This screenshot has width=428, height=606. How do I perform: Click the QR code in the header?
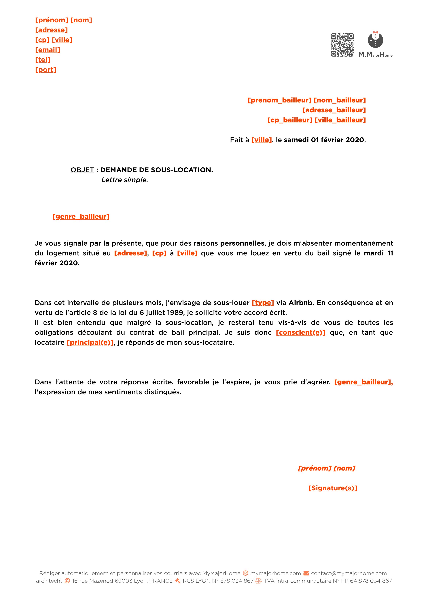(342, 45)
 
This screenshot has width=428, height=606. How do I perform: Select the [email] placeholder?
(48, 50)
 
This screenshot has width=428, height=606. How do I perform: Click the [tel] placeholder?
(43, 60)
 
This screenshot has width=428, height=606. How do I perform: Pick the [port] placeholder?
(46, 70)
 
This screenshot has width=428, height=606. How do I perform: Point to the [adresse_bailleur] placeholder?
(334, 110)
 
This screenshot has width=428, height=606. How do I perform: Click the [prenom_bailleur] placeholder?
(280, 100)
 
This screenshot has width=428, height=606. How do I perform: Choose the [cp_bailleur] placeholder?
(290, 120)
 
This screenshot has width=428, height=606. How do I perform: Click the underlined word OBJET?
(82, 170)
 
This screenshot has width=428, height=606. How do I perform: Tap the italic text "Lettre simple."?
(124, 180)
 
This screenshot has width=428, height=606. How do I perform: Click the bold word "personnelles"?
(242, 243)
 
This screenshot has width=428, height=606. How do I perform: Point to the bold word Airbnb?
(300, 303)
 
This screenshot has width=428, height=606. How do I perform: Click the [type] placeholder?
(263, 303)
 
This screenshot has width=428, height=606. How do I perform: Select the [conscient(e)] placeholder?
(300, 333)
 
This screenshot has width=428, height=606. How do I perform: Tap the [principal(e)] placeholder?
(90, 343)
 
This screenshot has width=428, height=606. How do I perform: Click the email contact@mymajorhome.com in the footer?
(349, 573)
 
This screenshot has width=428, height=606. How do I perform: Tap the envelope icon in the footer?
(306, 573)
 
